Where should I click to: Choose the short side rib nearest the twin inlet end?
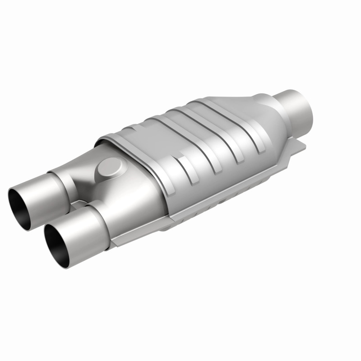pos(183,165)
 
